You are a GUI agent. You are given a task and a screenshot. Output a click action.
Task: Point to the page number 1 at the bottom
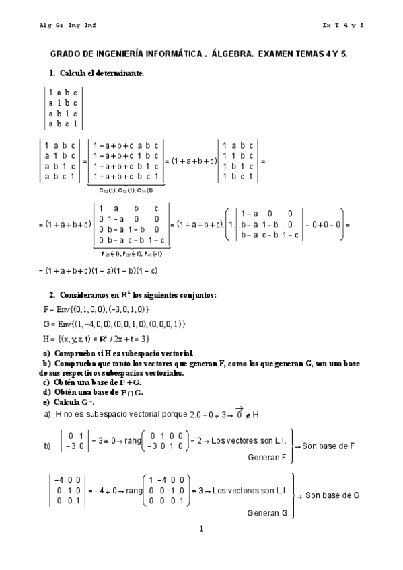[201, 529]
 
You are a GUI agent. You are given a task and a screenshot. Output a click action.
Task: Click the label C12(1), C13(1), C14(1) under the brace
[125, 190]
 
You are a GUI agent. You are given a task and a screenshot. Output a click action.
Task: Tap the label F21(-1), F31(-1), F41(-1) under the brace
[131, 253]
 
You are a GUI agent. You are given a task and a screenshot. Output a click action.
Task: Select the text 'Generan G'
[268, 513]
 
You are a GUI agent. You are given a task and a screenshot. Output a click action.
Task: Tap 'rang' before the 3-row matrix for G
[134, 495]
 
